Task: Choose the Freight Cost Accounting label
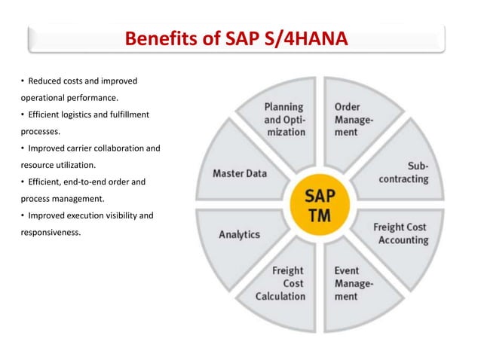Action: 400,233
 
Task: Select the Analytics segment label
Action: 239,234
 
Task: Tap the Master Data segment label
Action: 240,173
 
